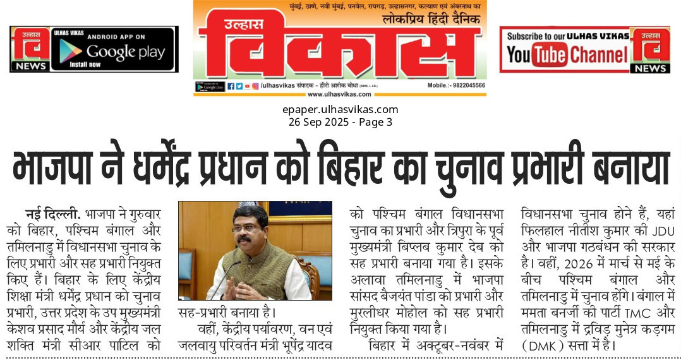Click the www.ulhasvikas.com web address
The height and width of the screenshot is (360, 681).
pos(340,95)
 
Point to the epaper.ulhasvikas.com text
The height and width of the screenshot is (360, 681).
pos(340,109)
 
